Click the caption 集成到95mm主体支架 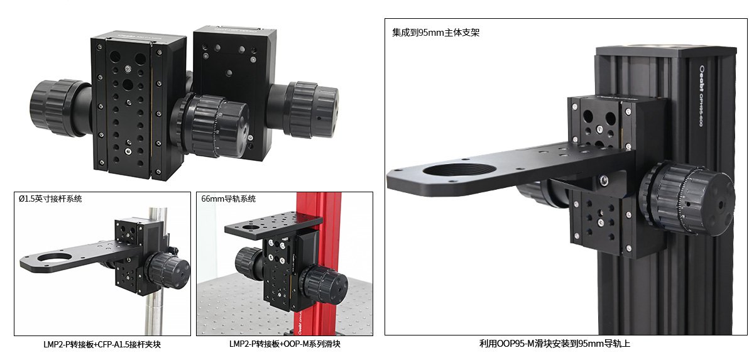point(435,33)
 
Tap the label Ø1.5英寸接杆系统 point(50,199)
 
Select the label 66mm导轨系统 point(229,199)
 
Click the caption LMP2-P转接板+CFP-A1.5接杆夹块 point(102,344)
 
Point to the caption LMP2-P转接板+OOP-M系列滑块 point(285,344)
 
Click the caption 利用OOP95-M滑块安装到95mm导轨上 point(555,344)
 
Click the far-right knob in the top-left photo point(312,109)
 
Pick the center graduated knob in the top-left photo point(216,126)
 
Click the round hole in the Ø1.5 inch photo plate point(55,258)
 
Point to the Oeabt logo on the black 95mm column point(701,78)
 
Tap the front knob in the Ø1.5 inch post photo point(168,271)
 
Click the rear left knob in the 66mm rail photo point(249,263)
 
